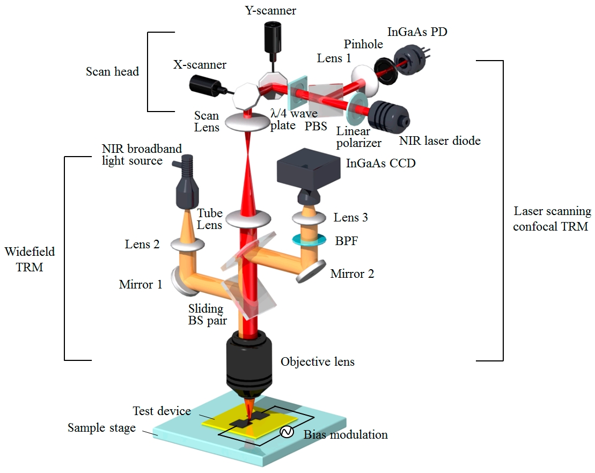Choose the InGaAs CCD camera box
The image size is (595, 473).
308,171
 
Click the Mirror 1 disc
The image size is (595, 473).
179,278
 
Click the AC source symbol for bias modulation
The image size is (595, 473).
287,432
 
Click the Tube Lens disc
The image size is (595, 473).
248,219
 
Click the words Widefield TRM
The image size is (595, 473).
30,258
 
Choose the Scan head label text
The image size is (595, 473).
112,71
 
